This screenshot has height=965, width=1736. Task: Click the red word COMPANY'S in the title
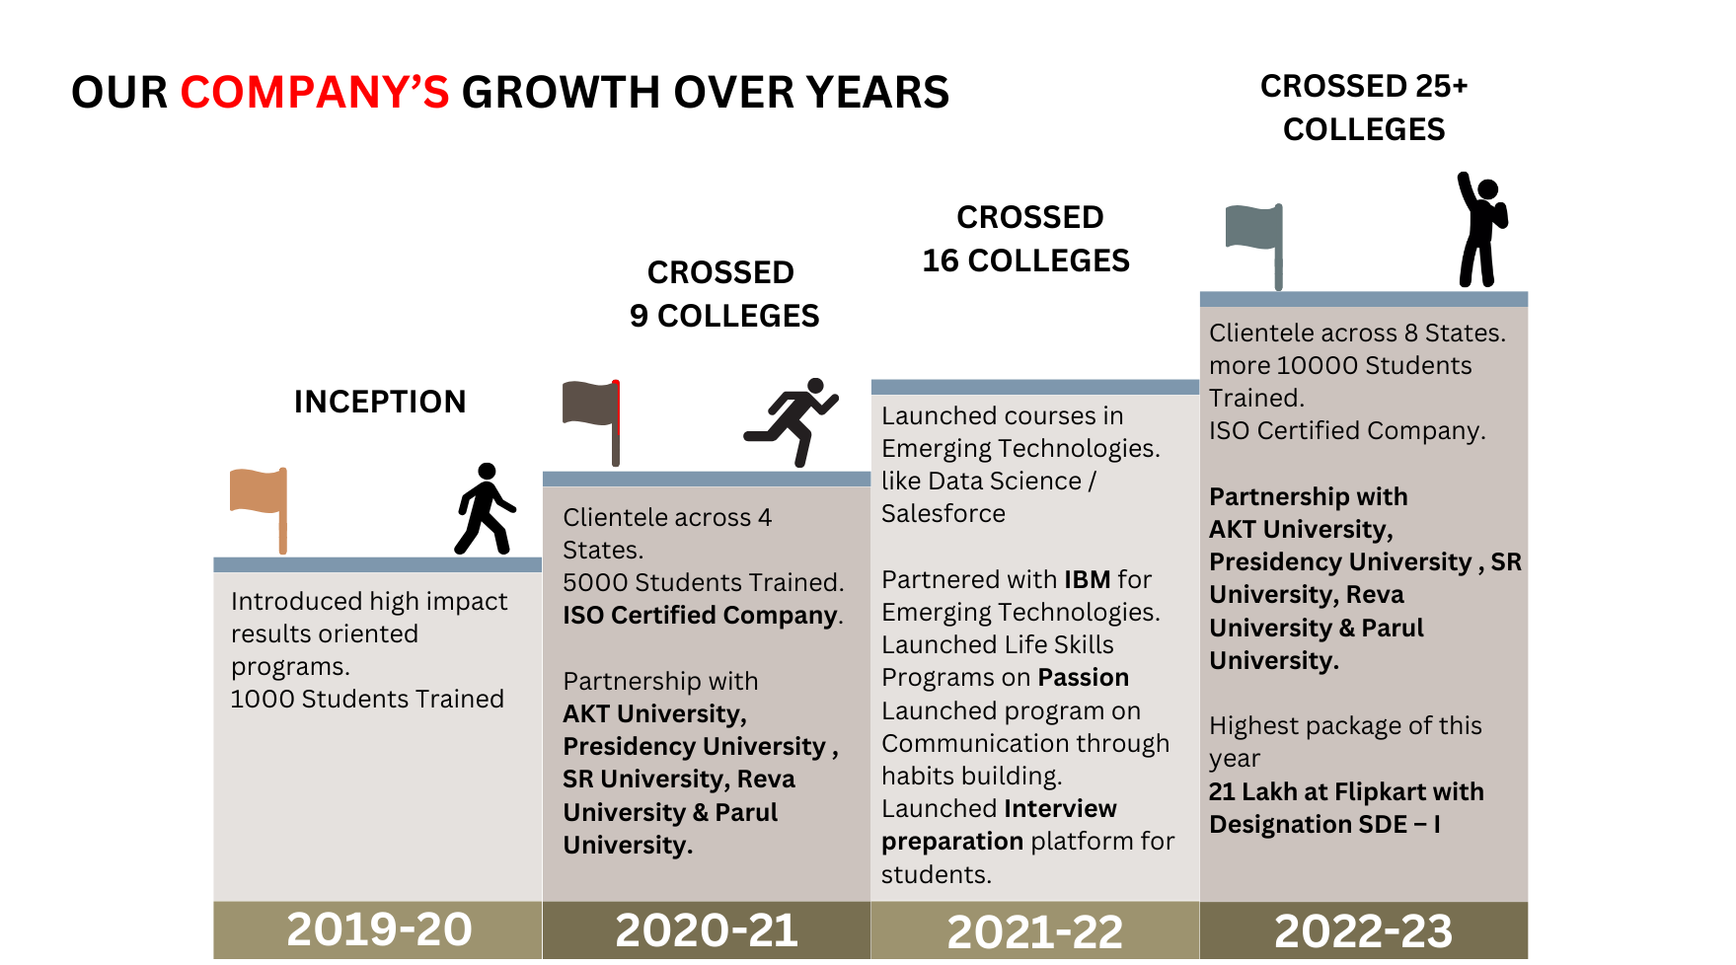(x=314, y=93)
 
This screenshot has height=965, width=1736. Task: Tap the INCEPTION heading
(x=380, y=402)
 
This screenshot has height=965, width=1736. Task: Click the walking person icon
(x=484, y=509)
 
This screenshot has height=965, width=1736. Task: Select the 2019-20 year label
(x=379, y=929)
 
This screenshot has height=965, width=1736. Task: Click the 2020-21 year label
(x=707, y=930)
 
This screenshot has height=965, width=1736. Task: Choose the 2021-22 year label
(x=1034, y=931)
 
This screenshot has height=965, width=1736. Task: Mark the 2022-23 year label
(x=1363, y=930)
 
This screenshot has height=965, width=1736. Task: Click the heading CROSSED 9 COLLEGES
(x=723, y=294)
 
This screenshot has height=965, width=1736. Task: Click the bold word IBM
(x=1087, y=579)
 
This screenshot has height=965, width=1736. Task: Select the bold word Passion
(x=1083, y=678)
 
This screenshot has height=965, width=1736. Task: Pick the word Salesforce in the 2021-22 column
(x=943, y=513)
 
